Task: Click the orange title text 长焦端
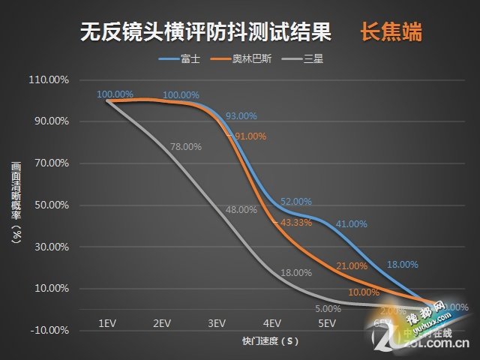click(390, 34)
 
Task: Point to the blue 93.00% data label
click(241, 116)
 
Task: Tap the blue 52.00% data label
click(295, 202)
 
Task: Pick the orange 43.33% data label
click(295, 223)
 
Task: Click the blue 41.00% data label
click(351, 223)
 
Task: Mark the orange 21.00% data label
click(352, 266)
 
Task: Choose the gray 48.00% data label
click(241, 210)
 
